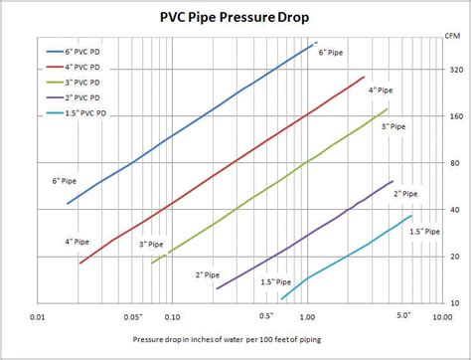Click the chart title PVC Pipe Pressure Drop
(x=235, y=16)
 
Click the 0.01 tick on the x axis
(x=37, y=318)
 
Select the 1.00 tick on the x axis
(x=306, y=318)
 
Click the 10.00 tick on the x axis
(x=438, y=318)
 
